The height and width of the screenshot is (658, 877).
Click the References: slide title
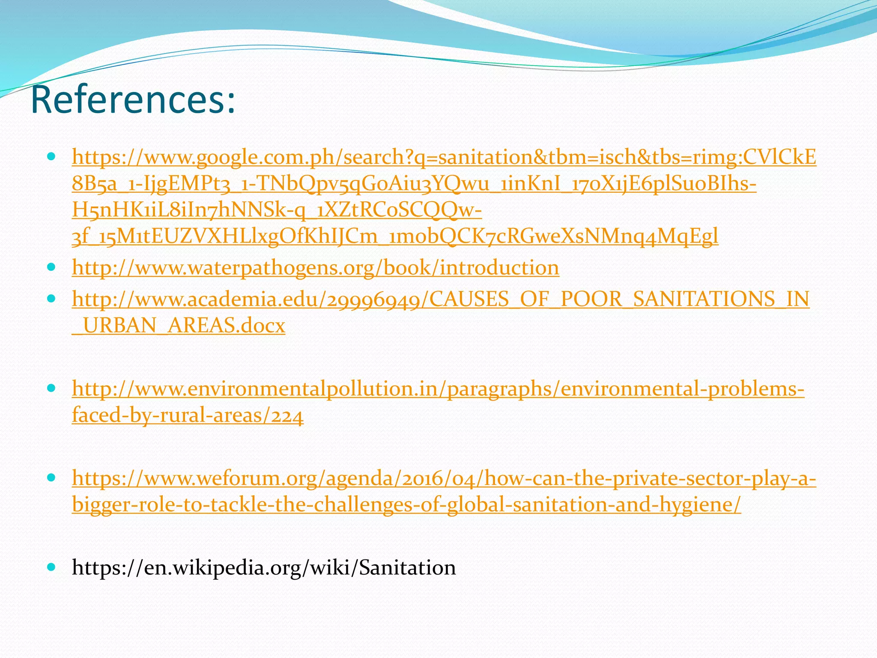tap(133, 100)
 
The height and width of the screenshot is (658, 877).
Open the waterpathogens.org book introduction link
tap(315, 268)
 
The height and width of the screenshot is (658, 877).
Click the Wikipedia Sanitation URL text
tap(264, 568)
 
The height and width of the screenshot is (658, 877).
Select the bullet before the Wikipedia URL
tap(51, 567)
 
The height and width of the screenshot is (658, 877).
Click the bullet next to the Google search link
tap(51, 157)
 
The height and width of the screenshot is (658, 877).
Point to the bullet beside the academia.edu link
tap(51, 299)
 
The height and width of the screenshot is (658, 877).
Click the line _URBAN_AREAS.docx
tap(178, 326)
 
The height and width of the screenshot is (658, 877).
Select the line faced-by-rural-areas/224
tap(188, 416)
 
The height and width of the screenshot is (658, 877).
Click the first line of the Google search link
tap(444, 158)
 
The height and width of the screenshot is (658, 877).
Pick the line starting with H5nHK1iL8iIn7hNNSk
tap(277, 210)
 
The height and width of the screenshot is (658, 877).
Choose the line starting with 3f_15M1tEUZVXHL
tap(395, 237)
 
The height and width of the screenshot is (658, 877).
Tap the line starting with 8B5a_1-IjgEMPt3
tap(414, 184)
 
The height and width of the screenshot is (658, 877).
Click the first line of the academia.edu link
tap(440, 299)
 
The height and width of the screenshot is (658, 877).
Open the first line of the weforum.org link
tap(444, 479)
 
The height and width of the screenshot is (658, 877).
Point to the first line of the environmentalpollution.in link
tap(438, 389)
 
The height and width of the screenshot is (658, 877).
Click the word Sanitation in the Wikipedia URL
tap(407, 568)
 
